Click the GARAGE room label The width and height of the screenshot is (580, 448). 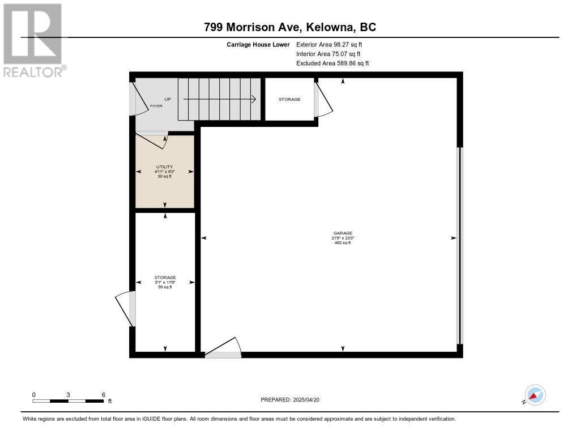click(x=343, y=233)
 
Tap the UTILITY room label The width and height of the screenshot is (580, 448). click(x=165, y=167)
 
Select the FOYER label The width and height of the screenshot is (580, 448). click(x=156, y=106)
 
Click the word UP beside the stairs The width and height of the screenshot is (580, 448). click(x=168, y=99)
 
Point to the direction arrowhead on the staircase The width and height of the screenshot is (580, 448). click(x=254, y=99)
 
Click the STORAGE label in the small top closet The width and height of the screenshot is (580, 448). click(x=289, y=99)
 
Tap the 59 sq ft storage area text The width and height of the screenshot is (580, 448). click(x=165, y=287)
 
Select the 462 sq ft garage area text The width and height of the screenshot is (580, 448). click(x=343, y=242)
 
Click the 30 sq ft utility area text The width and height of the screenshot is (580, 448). click(x=165, y=177)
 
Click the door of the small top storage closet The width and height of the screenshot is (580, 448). click(x=323, y=99)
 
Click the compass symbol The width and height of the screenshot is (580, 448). click(x=535, y=395)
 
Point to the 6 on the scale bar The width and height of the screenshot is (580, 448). click(x=104, y=395)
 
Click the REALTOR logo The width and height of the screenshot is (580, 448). click(x=34, y=40)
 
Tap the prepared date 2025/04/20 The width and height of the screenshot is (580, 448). click(x=306, y=399)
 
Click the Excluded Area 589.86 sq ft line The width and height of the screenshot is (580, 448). click(x=332, y=63)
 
